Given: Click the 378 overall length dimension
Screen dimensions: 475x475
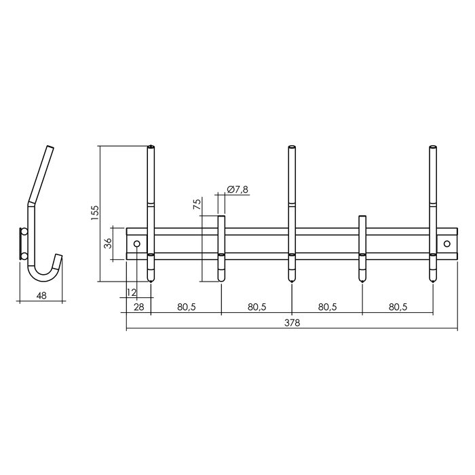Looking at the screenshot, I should [x=292, y=323].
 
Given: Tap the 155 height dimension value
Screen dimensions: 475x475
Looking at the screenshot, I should [x=94, y=213].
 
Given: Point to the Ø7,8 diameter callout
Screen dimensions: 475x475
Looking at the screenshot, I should [x=236, y=188].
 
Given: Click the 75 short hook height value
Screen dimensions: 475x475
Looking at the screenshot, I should [x=197, y=206].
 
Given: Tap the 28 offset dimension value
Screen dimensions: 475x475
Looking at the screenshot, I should [x=138, y=307].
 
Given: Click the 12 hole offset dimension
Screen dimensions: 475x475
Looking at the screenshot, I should [x=131, y=292].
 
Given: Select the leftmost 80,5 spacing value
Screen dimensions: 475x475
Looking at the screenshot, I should [x=187, y=307].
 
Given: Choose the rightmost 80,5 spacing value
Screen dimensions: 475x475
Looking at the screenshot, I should [x=398, y=307].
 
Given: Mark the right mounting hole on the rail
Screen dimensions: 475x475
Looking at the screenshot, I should [x=447, y=244].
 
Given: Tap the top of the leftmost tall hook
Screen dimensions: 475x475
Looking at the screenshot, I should [x=151, y=147].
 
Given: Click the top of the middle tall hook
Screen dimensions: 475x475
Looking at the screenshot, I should [x=292, y=147].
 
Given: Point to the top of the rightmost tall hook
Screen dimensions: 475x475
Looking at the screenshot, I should [x=433, y=147].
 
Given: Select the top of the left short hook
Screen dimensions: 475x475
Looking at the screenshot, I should [x=221, y=218].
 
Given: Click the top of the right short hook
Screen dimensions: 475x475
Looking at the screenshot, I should [x=362, y=218].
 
